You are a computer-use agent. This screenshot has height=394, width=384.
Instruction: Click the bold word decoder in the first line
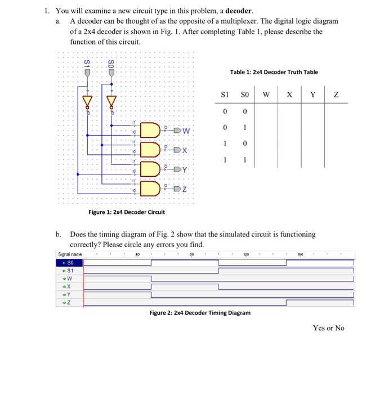coord(239,11)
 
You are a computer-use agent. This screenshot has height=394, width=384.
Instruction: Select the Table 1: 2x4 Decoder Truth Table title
coord(274,72)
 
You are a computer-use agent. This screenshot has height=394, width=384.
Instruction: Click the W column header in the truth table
coord(266,95)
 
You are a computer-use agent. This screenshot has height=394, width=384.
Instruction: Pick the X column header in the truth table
coord(289,95)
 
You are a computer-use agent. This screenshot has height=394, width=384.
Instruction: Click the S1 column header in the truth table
coord(225,95)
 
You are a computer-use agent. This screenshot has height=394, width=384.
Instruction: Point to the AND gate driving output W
coord(150,130)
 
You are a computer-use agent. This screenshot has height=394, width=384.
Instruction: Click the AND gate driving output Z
coord(150,188)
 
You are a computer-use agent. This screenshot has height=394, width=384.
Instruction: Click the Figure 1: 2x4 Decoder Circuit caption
coord(127,212)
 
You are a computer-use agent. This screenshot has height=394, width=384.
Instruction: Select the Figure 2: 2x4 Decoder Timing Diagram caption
coord(200,312)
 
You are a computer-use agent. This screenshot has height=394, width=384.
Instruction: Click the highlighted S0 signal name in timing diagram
coord(70,262)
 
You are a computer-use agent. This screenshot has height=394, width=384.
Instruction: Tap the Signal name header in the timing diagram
coord(70,254)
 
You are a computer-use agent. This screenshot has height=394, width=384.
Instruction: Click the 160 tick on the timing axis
coord(300,254)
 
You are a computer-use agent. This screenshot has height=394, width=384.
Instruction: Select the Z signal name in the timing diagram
coord(69,302)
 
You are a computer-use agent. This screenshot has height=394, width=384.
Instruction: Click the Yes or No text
coord(328,328)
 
